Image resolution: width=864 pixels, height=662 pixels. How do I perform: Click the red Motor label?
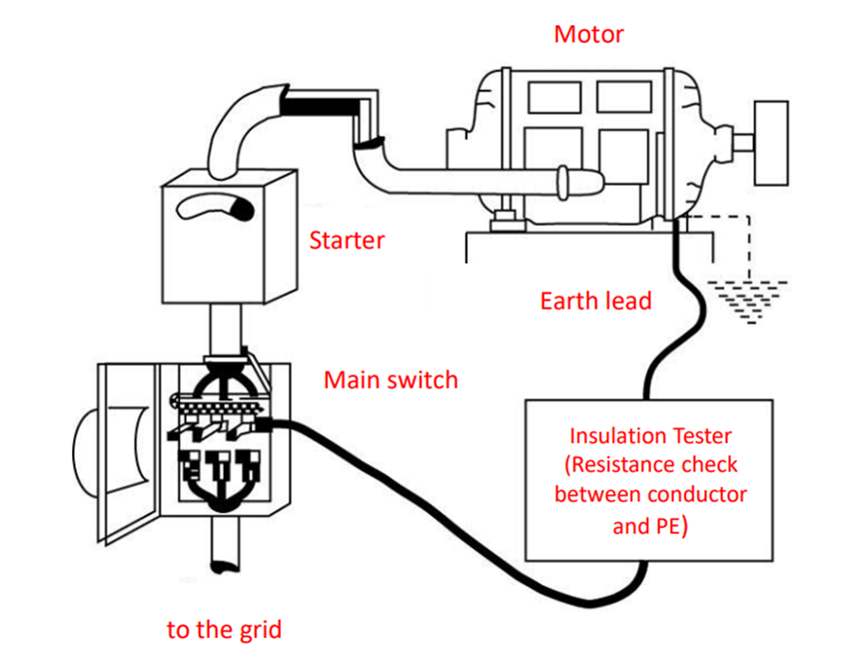(x=589, y=34)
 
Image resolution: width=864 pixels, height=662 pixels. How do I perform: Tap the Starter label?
(x=347, y=241)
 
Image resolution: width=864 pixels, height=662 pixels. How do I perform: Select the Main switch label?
(x=391, y=379)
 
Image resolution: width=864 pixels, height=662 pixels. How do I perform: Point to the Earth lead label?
(x=595, y=300)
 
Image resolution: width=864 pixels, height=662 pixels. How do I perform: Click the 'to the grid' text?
(x=224, y=630)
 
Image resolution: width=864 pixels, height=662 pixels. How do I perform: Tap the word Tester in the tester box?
(x=703, y=436)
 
